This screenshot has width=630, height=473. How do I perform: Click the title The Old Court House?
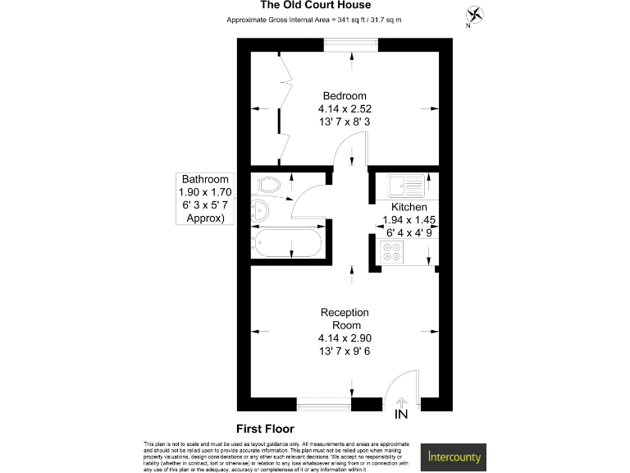(314, 5)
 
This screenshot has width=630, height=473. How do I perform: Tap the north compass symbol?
(474, 15)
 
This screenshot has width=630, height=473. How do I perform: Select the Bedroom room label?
(345, 95)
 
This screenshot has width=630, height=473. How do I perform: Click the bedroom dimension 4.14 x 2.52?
(345, 108)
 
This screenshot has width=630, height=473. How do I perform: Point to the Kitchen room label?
(409, 207)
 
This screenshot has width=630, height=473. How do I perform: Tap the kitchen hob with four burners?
(390, 255)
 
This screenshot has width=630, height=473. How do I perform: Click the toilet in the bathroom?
(268, 182)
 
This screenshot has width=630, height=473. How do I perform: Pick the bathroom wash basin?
(262, 210)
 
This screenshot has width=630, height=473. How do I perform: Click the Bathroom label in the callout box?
(205, 179)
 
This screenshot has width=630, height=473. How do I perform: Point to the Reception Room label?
(345, 319)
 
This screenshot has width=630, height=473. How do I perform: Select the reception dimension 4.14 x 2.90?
(345, 338)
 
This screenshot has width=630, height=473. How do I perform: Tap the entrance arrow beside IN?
(402, 401)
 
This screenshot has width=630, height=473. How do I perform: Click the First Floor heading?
(265, 429)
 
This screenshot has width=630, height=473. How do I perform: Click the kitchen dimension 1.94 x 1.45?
(409, 220)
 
